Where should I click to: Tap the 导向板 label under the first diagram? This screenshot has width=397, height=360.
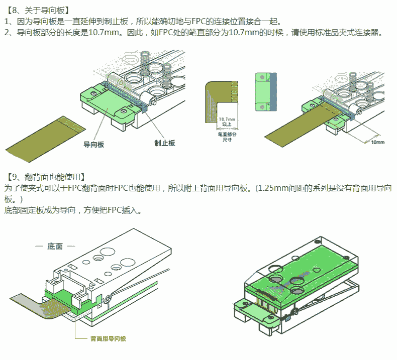click(x=94, y=144)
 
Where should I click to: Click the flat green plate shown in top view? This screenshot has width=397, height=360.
click(x=263, y=91)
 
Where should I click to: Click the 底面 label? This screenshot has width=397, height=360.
click(x=55, y=247)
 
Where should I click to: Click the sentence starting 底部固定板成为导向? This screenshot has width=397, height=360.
click(x=73, y=210)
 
